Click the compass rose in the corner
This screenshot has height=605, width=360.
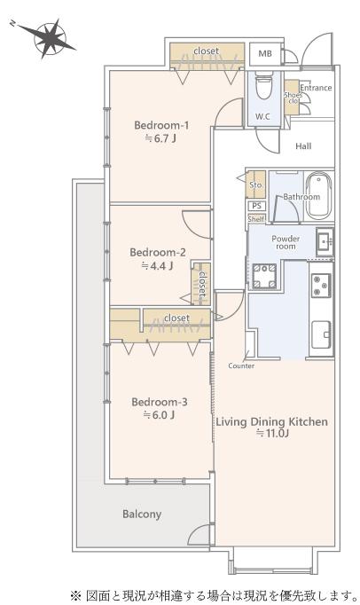click(x=50, y=39)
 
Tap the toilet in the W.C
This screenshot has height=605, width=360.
click(x=264, y=85)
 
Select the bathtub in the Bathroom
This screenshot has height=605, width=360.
click(x=319, y=195)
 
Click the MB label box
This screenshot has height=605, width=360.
click(x=265, y=53)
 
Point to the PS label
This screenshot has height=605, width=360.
click(x=256, y=206)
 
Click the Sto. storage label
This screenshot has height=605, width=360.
click(x=256, y=185)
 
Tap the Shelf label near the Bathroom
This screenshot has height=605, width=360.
click(x=256, y=219)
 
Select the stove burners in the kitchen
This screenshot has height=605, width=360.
click(x=321, y=285)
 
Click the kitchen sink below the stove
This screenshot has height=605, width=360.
click(x=321, y=334)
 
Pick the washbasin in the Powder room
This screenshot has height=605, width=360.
click(x=325, y=241)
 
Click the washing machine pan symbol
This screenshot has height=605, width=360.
click(x=264, y=276)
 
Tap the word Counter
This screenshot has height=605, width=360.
click(x=241, y=365)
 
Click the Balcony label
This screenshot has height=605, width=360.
click(x=142, y=515)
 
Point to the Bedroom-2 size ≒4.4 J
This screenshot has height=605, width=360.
click(x=157, y=265)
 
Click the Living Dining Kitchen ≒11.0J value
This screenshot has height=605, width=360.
click(x=273, y=433)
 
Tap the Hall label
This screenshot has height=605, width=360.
click(x=303, y=146)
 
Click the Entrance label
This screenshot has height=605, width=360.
click(x=316, y=88)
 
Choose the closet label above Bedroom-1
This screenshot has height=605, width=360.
click(x=206, y=51)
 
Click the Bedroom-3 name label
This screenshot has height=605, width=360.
click(x=160, y=402)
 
